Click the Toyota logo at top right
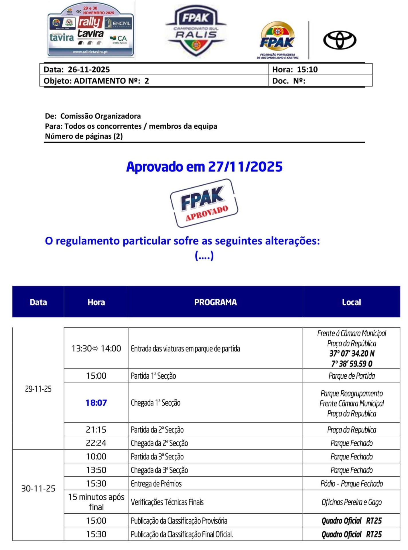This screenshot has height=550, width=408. click(340, 40)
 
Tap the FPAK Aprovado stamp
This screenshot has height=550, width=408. click(204, 203)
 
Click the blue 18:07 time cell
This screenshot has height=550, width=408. click(96, 403)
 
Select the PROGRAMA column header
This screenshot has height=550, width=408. click(215, 302)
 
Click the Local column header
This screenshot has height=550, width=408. click(351, 302)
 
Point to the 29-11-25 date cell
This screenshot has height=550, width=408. click(38, 389)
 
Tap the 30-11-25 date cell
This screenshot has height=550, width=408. click(38, 488)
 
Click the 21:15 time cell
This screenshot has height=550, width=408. click(96, 430)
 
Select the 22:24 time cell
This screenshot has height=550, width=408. click(96, 443)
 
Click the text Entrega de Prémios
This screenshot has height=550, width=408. click(156, 484)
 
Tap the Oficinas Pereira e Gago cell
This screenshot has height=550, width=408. click(351, 502)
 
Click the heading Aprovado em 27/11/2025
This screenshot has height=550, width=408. click(204, 167)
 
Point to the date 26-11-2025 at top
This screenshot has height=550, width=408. click(89, 70)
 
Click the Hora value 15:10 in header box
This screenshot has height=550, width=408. click(307, 70)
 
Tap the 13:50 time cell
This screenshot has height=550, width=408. click(96, 470)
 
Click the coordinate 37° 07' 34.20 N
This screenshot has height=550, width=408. click(352, 353)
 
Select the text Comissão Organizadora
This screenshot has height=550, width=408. click(100, 116)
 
